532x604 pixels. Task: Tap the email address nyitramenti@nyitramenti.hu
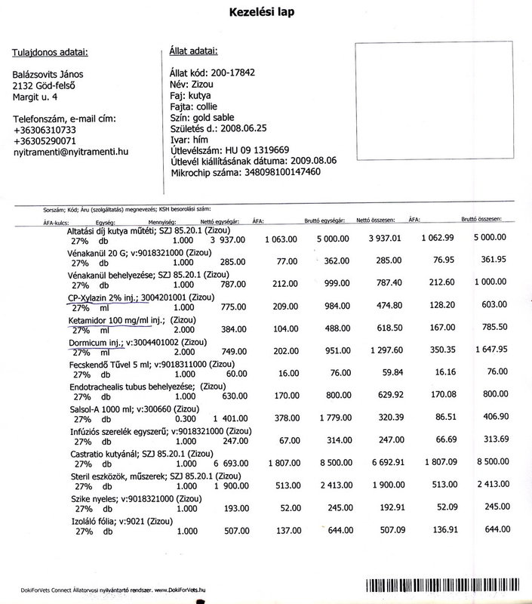[x=71, y=152]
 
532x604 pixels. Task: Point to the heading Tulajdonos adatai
[x=50, y=52]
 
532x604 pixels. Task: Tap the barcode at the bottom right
[x=447, y=587]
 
